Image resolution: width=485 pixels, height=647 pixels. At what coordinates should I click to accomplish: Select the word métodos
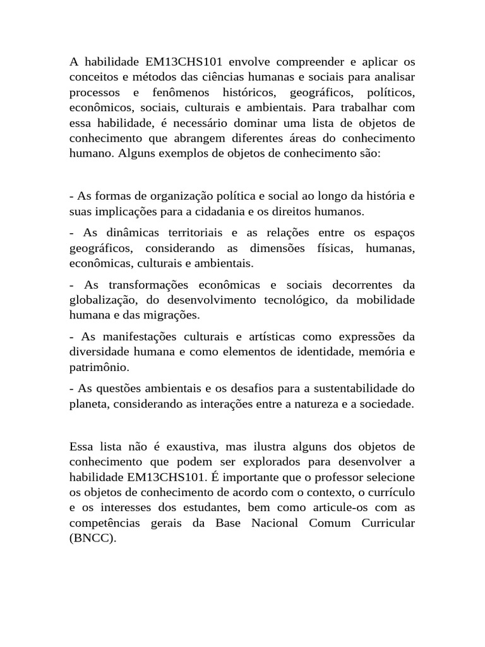coord(144,78)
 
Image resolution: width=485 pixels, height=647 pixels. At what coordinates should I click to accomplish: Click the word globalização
coord(99,299)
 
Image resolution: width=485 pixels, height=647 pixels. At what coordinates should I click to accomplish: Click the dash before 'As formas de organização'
coord(71,197)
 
